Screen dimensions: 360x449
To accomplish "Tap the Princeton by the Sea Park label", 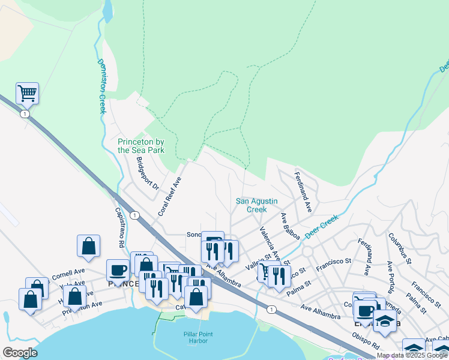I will pyautogui.click(x=141, y=146).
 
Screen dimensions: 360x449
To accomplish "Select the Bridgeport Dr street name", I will pyautogui.click(x=147, y=174).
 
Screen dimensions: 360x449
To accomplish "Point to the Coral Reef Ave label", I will pyautogui.click(x=169, y=196).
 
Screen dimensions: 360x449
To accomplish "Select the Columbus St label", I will pyautogui.click(x=399, y=248).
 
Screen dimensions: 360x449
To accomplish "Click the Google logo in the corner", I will pyautogui.click(x=20, y=353).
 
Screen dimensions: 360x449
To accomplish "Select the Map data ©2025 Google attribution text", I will pyautogui.click(x=412, y=356).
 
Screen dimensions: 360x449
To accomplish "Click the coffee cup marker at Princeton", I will pyautogui.click(x=118, y=270).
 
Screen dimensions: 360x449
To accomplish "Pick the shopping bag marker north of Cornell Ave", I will pyautogui.click(x=88, y=246).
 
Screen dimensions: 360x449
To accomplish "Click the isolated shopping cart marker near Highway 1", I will pyautogui.click(x=27, y=94).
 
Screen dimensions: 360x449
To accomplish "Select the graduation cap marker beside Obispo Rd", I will pyautogui.click(x=385, y=323).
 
